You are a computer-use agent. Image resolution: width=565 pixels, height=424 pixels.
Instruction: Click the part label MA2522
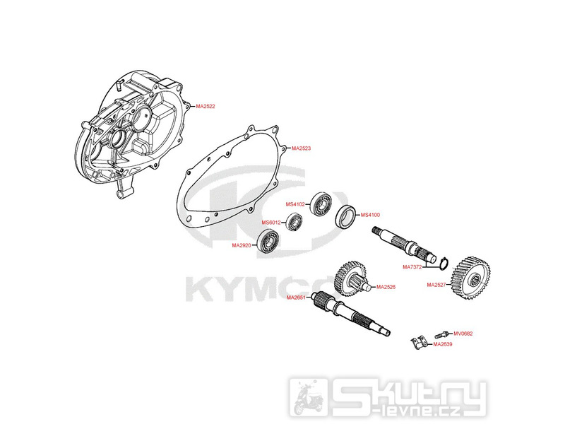(205, 106)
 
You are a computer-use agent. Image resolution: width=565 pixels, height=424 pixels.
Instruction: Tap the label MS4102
(295, 204)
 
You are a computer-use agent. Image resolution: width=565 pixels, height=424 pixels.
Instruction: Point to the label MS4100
(370, 215)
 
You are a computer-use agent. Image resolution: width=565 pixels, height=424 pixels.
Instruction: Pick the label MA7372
(412, 267)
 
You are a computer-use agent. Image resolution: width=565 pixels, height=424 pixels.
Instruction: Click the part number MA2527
(436, 285)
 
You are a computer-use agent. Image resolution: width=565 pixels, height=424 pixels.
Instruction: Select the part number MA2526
(386, 287)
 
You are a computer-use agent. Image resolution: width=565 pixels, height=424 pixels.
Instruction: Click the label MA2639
(443, 344)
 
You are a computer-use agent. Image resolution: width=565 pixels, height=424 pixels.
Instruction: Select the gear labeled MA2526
(351, 277)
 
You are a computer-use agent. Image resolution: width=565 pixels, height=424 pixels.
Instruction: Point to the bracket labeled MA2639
(418, 343)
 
